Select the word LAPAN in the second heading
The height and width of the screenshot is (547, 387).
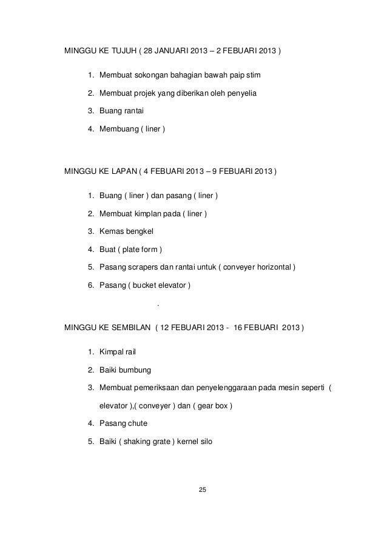tap(122, 170)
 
